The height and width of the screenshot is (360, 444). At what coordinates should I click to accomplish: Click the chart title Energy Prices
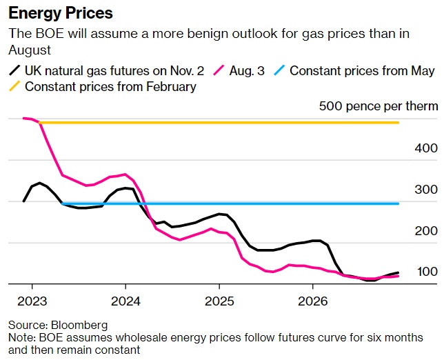point(61,13)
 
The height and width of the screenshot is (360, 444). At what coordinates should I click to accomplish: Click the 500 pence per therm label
point(379,106)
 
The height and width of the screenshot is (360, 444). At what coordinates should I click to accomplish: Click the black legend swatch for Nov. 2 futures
point(14,70)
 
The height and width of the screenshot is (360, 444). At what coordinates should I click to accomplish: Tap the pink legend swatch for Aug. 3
point(221,70)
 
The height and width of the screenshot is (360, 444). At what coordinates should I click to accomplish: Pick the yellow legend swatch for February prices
point(14,87)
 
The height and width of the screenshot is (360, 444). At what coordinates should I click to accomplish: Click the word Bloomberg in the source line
point(79,324)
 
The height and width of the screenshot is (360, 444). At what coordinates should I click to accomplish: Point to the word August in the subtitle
point(30,49)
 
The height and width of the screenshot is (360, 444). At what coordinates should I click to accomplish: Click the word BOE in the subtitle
point(44,33)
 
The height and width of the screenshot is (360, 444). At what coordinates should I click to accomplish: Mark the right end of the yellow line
point(398,123)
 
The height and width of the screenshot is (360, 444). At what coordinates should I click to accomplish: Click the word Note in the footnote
point(20,337)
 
